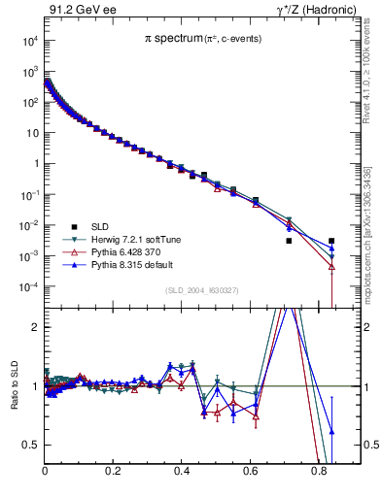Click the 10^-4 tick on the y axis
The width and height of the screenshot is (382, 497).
point(26,287)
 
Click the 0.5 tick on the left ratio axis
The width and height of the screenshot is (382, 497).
point(32,445)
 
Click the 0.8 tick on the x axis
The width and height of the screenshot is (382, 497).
point(320,475)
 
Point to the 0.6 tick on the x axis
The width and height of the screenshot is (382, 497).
point(251,475)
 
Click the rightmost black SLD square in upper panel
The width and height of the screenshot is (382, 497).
point(331,241)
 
